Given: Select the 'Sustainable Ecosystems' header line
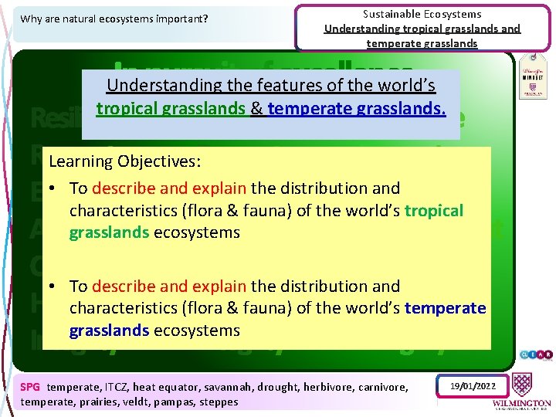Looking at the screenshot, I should click(x=422, y=14).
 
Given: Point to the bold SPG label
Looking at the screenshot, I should click(x=30, y=387).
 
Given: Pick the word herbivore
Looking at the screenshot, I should click(x=329, y=387).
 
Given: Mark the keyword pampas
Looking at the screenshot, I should click(x=181, y=402).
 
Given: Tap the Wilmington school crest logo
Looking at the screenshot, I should click(x=531, y=379).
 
